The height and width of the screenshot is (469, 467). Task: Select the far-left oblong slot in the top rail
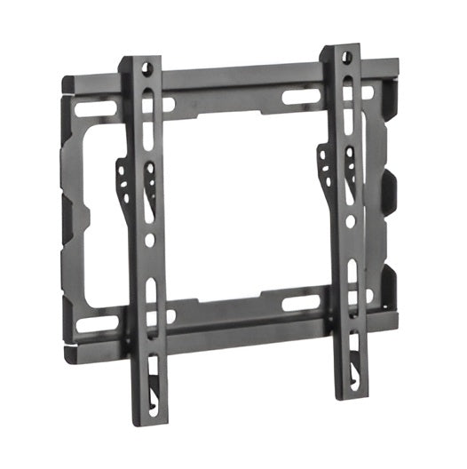coord(88,110)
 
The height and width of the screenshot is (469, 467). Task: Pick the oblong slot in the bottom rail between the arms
coord(299,302)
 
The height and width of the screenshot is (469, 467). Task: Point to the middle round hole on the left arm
coord(149,241)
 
